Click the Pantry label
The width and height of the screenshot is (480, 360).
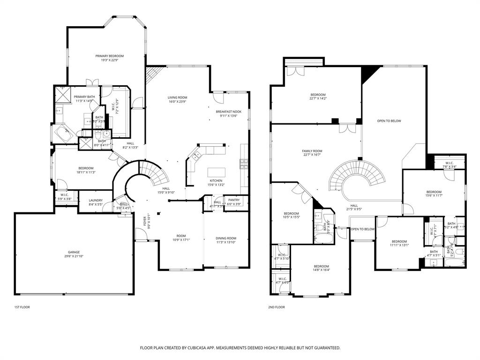coord(234,200)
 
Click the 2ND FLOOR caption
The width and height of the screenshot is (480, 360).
coord(277,307)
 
